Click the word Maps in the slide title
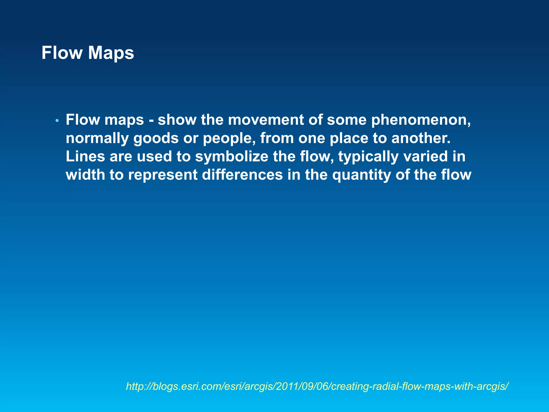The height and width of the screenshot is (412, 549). (x=111, y=53)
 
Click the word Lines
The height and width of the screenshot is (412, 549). (x=85, y=156)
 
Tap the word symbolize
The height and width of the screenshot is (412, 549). (x=232, y=156)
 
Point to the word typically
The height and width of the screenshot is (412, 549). (x=368, y=156)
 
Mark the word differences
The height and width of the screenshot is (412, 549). (x=242, y=175)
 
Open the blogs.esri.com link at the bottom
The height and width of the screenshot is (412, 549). (x=317, y=387)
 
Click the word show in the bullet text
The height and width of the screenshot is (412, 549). (x=177, y=120)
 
